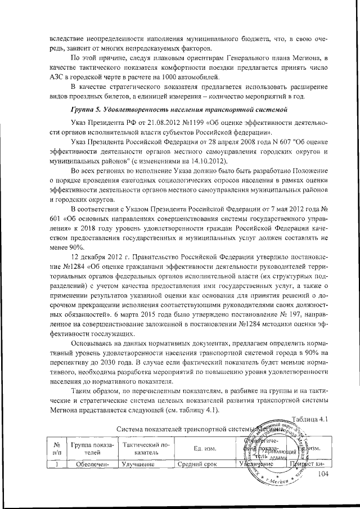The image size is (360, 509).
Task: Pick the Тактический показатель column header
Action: pyautogui.click(x=142, y=448)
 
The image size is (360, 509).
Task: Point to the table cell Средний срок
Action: pyautogui.click(x=194, y=465)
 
